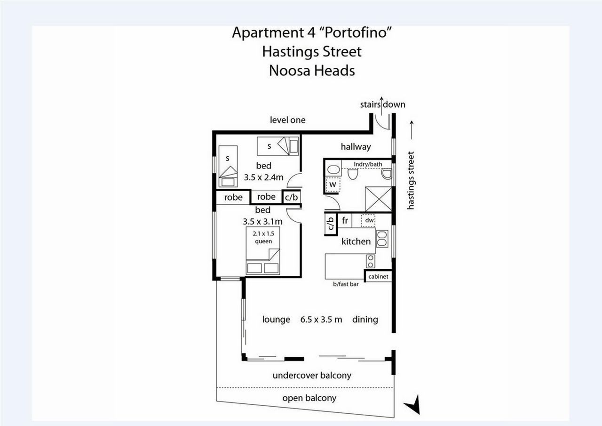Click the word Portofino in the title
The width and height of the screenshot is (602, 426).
pyautogui.click(x=358, y=32)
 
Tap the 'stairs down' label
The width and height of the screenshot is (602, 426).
pyautogui.click(x=383, y=104)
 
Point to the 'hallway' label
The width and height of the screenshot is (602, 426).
pyautogui.click(x=356, y=146)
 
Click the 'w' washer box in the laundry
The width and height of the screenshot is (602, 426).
pyautogui.click(x=333, y=185)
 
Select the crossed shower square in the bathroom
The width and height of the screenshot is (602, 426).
pyautogui.click(x=379, y=199)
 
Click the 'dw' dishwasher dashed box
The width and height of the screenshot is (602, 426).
pyautogui.click(x=368, y=220)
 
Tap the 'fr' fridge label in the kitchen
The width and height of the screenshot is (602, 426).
pyautogui.click(x=345, y=220)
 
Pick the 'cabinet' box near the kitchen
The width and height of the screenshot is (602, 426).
pyautogui.click(x=378, y=276)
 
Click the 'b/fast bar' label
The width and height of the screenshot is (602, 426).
pyautogui.click(x=346, y=284)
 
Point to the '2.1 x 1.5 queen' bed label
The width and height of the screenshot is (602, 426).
pyautogui.click(x=263, y=237)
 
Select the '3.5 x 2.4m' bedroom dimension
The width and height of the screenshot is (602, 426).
pyautogui.click(x=264, y=177)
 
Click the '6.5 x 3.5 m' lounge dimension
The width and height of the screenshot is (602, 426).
pyautogui.click(x=321, y=320)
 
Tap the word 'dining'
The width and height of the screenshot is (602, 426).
pyautogui.click(x=365, y=320)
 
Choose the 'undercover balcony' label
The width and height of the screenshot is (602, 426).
pyautogui.click(x=312, y=376)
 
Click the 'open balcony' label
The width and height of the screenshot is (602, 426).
pyautogui.click(x=309, y=398)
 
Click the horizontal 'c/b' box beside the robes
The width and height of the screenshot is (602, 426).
pyautogui.click(x=291, y=197)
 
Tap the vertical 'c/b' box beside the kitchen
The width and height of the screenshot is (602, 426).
pyautogui.click(x=331, y=224)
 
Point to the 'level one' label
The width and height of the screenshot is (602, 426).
pyautogui.click(x=287, y=120)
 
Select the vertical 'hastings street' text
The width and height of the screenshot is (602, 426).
pyautogui.click(x=411, y=180)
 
